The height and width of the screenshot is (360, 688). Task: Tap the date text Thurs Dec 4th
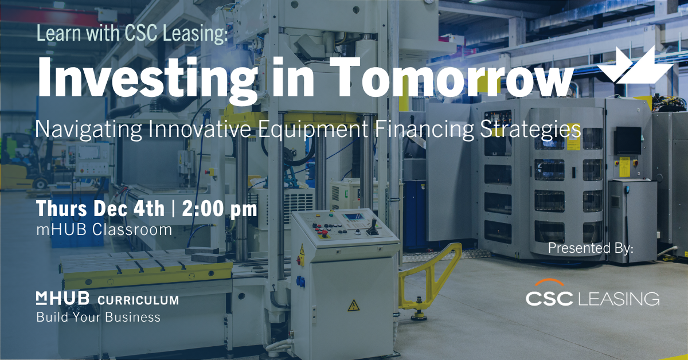pos(100,209)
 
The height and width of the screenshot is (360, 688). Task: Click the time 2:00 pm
pos(220,209)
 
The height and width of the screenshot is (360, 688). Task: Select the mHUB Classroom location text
pos(104,230)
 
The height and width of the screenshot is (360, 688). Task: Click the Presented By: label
pos(591,249)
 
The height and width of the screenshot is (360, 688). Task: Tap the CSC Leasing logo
pos(592,298)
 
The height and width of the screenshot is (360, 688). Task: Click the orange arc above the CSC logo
pos(550,283)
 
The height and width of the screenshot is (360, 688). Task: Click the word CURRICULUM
pos(138,300)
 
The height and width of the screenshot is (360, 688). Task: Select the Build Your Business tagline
pos(98,317)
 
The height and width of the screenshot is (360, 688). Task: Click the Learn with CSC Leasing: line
pos(132,33)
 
